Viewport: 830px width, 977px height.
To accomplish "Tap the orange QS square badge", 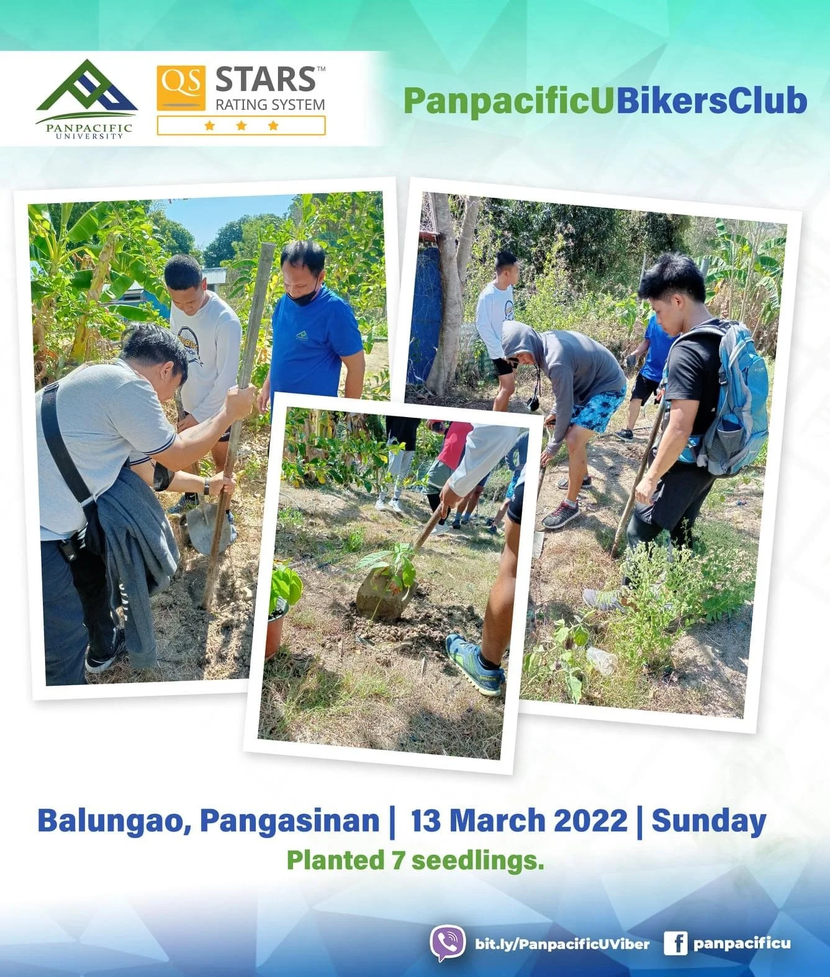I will point(181,88).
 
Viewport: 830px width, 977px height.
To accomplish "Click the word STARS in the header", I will point(265,80).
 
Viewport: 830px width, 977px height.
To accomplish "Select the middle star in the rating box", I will point(241,125).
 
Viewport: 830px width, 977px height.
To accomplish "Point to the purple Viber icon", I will point(448,943).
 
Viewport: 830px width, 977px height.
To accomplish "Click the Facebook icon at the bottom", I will point(675,943).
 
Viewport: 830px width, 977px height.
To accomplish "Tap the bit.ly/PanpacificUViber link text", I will point(562,944).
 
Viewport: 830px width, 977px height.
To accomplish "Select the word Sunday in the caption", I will point(708,821).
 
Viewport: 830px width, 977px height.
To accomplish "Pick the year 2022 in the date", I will point(590,821).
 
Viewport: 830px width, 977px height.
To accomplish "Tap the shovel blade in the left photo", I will point(206,528).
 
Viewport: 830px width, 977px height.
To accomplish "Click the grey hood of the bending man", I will point(520,339).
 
